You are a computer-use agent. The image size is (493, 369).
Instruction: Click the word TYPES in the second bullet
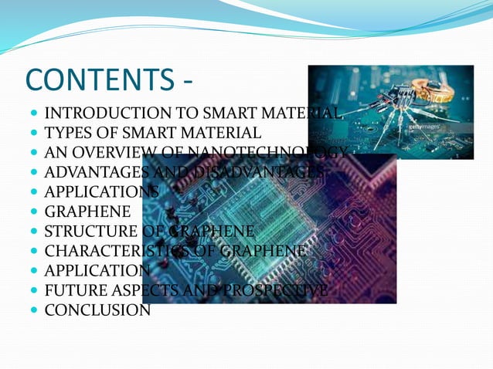click(x=65, y=133)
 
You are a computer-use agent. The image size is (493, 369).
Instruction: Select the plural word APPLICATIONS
click(x=101, y=191)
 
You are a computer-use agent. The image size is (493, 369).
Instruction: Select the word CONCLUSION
click(x=97, y=311)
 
